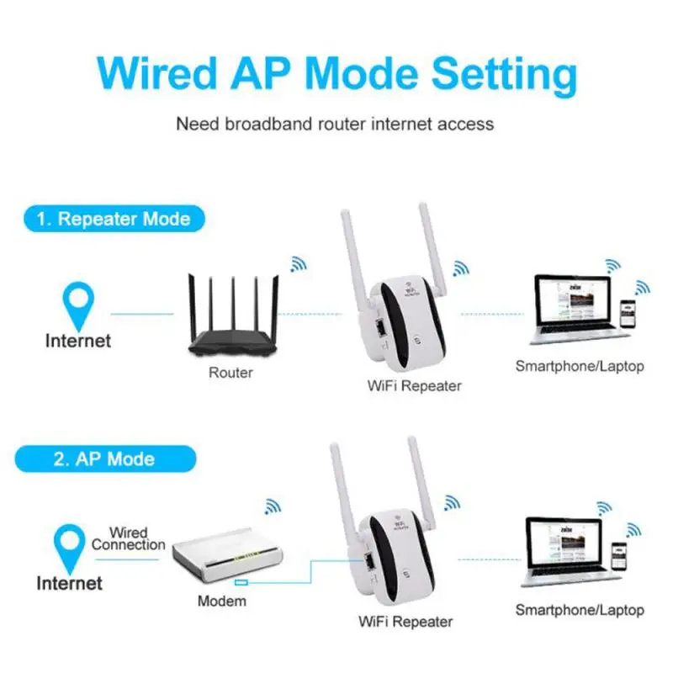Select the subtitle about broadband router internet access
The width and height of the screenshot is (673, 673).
tap(335, 124)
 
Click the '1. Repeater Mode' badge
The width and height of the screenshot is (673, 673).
tap(113, 220)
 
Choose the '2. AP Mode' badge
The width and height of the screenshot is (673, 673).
tap(104, 459)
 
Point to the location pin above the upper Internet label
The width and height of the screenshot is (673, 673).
tap(81, 304)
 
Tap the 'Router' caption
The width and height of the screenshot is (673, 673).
tap(231, 372)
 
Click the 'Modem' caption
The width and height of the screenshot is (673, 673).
tap(222, 601)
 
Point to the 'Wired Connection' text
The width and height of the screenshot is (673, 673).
tap(128, 539)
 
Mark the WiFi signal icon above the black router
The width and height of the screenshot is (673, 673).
tap(299, 263)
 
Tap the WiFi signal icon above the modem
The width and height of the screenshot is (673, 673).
tap(273, 506)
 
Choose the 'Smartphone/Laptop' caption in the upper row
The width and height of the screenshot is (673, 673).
tap(580, 366)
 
